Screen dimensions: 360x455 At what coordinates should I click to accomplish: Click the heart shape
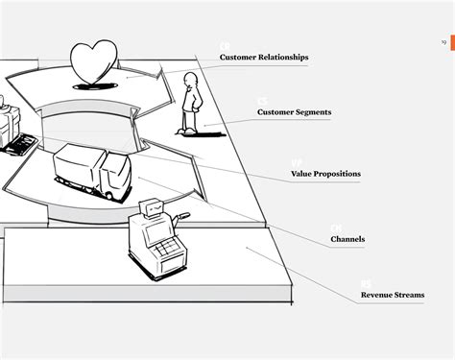point(95,61)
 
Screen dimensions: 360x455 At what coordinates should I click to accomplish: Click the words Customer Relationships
point(264,58)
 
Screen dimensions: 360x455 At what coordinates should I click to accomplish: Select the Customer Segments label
point(294,112)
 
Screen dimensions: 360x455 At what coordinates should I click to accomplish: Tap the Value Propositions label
point(325,174)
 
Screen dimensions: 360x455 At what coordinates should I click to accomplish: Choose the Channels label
point(347,238)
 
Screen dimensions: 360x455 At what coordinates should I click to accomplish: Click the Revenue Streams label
point(393,295)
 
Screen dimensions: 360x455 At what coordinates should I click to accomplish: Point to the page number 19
point(443,41)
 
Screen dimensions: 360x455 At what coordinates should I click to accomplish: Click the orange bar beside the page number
point(452,41)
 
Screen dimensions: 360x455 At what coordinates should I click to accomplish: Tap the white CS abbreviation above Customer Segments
point(262,101)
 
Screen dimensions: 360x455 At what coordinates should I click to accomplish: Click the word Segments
point(313,112)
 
